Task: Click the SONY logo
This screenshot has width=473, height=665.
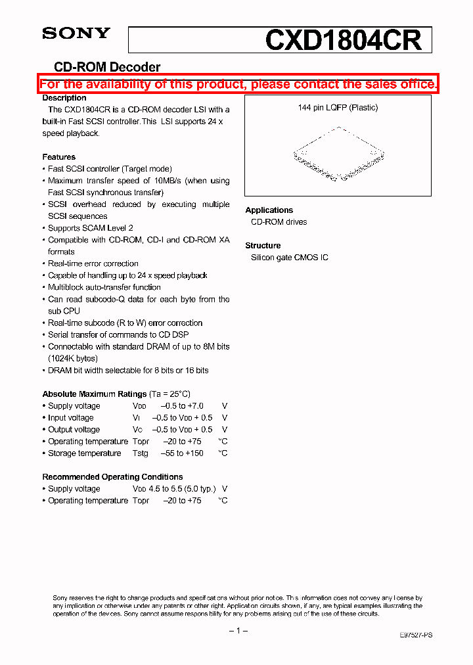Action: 76,34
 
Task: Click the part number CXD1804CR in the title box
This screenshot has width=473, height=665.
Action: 344,40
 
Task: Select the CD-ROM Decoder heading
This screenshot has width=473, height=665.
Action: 107,67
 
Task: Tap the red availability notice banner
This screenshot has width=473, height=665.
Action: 238,84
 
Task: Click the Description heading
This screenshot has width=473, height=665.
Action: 64,98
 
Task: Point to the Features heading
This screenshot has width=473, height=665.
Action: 59,157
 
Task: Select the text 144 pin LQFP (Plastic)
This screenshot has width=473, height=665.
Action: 338,108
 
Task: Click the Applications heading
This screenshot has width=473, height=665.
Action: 269,210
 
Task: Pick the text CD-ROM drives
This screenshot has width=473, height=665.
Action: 279,222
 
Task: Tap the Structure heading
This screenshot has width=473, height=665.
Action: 263,246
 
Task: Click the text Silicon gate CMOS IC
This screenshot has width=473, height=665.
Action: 289,258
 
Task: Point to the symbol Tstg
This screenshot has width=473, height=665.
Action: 140,453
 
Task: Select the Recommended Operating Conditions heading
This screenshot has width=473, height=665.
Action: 112,477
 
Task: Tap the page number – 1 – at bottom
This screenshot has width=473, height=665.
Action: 238,631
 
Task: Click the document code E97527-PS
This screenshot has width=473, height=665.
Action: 416,635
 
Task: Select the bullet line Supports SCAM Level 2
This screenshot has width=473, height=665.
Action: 90,228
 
